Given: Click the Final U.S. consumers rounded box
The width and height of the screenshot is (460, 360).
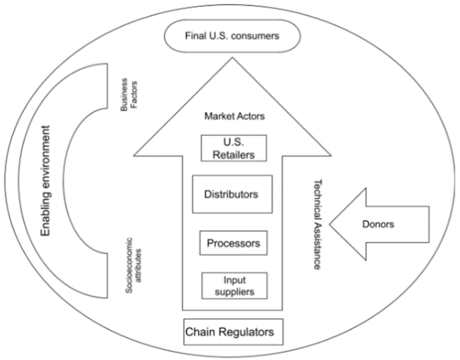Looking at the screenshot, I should click(x=232, y=36).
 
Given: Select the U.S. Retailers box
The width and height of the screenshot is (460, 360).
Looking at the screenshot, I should click(x=234, y=148).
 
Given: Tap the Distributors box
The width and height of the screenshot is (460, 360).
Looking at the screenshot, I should click(x=232, y=194).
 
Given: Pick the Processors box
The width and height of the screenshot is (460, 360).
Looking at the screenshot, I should click(x=233, y=243).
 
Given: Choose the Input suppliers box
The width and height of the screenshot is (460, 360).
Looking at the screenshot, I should click(x=234, y=286).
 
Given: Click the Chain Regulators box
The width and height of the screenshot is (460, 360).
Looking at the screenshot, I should click(x=233, y=332).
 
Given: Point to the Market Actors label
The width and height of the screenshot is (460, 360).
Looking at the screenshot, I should click(x=235, y=116).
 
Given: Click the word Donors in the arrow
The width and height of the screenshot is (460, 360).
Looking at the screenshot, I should click(x=378, y=224).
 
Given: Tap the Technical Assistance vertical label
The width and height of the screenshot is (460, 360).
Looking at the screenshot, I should click(x=317, y=224).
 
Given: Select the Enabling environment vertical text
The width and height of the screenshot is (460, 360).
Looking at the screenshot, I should click(x=45, y=181).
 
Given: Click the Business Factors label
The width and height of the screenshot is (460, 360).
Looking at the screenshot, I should click(x=129, y=94).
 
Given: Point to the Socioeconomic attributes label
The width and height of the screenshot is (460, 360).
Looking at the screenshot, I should click(x=133, y=265).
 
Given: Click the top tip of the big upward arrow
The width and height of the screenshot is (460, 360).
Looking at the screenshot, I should click(x=232, y=58).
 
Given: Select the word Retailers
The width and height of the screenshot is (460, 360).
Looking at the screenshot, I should click(x=234, y=155).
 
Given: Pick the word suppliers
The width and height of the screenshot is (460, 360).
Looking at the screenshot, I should click(x=234, y=292).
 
